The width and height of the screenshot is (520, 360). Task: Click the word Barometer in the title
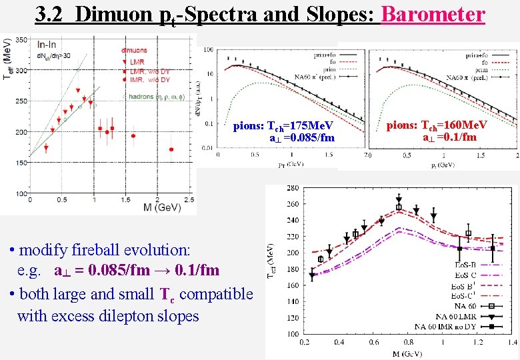click(x=433, y=14)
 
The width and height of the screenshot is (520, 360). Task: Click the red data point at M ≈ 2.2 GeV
click(x=171, y=149)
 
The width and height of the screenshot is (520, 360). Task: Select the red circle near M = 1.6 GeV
click(x=133, y=136)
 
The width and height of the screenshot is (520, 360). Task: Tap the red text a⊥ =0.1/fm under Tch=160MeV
click(x=449, y=137)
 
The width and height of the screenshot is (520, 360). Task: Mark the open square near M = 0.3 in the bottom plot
click(x=321, y=259)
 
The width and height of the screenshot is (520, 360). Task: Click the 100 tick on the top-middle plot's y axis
click(x=209, y=50)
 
